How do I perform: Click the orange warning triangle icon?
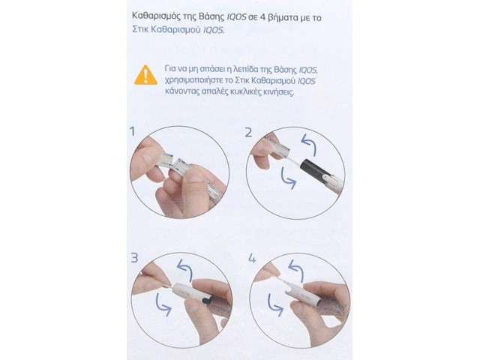coord(146,75)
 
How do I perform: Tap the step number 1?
coord(132,132)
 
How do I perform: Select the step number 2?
coord(248,132)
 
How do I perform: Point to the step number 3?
coord(134,258)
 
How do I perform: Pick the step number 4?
coord(252,259)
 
